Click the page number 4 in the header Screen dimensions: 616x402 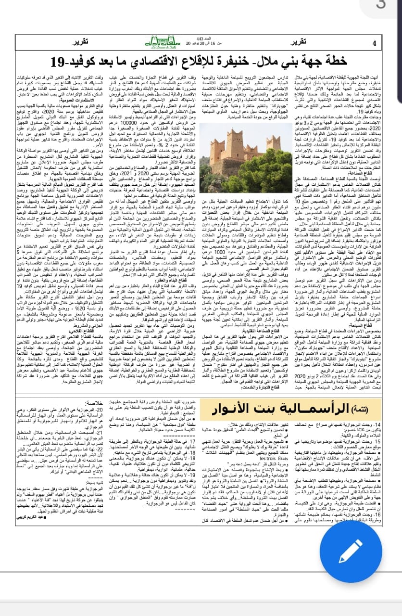[375, 43]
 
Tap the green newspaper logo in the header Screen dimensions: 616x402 [201, 42]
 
